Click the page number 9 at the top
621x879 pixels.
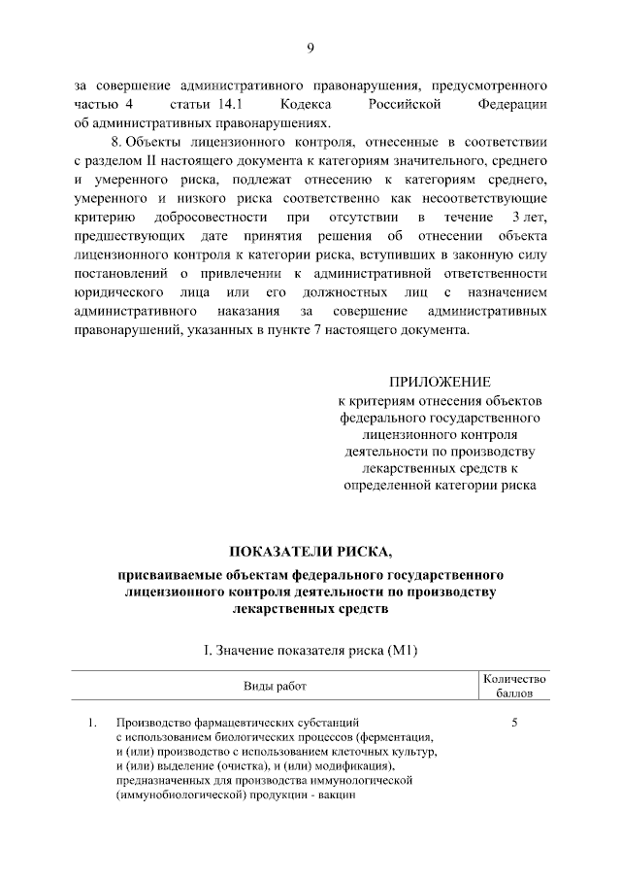pyautogui.click(x=310, y=49)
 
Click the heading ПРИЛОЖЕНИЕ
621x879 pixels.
pyautogui.click(x=440, y=381)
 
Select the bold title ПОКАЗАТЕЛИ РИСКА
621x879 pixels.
pyautogui.click(x=310, y=554)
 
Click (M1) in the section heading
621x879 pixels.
pyautogui.click(x=410, y=650)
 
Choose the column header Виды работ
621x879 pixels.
pyautogui.click(x=275, y=687)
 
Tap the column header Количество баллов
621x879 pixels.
pyautogui.click(x=515, y=687)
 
